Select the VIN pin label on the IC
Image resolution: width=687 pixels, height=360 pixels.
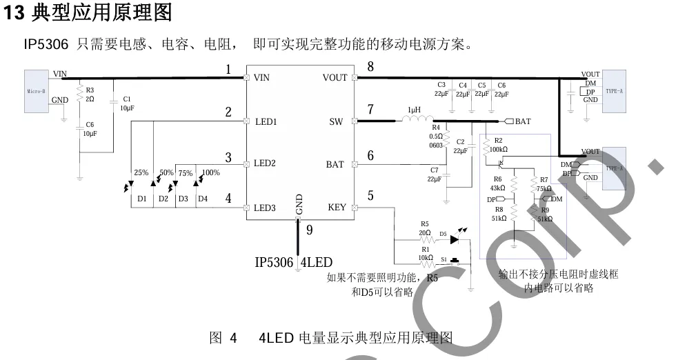[x=261, y=78]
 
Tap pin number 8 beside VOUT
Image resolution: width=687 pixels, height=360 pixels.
[x=370, y=67]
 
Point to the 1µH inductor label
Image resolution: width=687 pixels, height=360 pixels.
[x=414, y=110]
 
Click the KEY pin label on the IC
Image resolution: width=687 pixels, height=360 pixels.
[x=337, y=208]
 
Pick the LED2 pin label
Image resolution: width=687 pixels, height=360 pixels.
[x=265, y=164]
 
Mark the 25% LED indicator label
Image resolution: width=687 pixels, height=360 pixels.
[x=141, y=172]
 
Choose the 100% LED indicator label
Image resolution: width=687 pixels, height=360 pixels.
[x=211, y=172]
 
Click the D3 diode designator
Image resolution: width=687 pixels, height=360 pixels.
[x=183, y=199]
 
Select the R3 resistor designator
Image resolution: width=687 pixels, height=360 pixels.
[x=90, y=90]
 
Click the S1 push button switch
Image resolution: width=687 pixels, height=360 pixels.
[x=455, y=261]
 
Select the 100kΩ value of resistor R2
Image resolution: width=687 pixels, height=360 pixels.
[x=497, y=149]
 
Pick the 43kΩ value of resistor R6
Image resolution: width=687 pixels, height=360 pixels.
[x=497, y=188]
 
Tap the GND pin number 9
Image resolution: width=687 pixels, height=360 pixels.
[x=309, y=231]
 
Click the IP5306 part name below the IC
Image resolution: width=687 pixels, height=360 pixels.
[x=274, y=262]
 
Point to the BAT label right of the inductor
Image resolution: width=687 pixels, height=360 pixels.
[x=523, y=121]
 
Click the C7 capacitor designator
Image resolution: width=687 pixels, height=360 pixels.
[x=434, y=170]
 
